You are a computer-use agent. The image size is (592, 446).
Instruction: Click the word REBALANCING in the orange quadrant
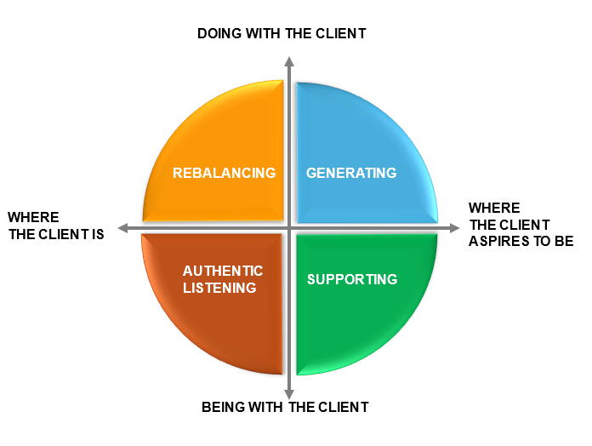[x=224, y=173]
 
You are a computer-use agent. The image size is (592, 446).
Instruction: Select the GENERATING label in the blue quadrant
[x=351, y=173]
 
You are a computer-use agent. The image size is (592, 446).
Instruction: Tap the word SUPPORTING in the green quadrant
[x=352, y=279]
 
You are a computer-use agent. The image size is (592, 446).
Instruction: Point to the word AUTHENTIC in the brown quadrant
[x=223, y=271]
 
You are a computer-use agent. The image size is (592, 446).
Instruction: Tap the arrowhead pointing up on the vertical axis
[x=289, y=61]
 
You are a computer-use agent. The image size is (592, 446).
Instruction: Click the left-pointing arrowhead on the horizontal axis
[x=123, y=228]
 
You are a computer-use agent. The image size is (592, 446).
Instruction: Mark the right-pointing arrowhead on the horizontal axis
[x=454, y=228]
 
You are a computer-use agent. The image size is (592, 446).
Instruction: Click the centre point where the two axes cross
[x=289, y=228]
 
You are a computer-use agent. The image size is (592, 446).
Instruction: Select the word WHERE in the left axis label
[x=33, y=218]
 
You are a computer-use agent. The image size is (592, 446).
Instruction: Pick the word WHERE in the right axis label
[x=493, y=209]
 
